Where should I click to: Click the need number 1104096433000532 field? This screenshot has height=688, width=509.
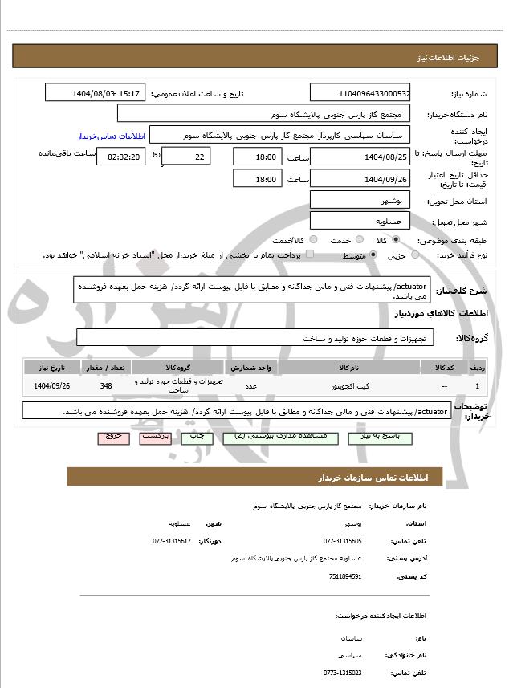[x=360, y=93]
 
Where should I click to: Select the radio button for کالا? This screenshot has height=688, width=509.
[x=396, y=240]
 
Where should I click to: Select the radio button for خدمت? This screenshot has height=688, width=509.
[x=357, y=240]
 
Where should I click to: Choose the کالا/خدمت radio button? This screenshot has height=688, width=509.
[x=312, y=240]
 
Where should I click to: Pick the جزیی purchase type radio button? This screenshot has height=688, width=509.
[x=415, y=255]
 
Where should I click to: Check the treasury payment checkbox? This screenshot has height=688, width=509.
[x=310, y=255]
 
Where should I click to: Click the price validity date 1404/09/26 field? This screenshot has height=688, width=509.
[x=360, y=179]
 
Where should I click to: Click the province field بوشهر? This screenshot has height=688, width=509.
[x=360, y=200]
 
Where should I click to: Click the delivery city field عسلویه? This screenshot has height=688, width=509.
[x=360, y=221]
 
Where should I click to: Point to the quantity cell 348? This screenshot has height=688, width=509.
[x=106, y=385]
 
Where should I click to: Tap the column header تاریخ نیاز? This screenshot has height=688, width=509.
[x=53, y=367]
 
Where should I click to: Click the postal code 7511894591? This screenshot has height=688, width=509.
[x=346, y=576]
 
